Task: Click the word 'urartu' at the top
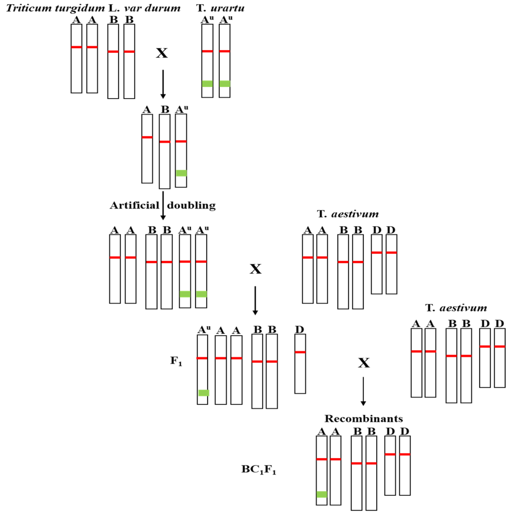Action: pyautogui.click(x=227, y=8)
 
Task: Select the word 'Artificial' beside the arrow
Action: pyautogui.click(x=135, y=205)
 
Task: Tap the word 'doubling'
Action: pyautogui.click(x=191, y=205)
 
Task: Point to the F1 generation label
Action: pyautogui.click(x=176, y=361)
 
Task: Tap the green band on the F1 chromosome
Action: pyautogui.click(x=204, y=393)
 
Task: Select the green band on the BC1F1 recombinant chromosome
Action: pyautogui.click(x=322, y=494)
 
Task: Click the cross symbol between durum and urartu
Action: pyautogui.click(x=162, y=53)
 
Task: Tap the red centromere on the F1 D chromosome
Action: pyautogui.click(x=300, y=352)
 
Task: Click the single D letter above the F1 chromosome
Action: pyautogui.click(x=299, y=329)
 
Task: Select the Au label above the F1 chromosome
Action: pyautogui.click(x=204, y=329)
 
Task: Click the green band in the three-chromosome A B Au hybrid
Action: pyautogui.click(x=181, y=173)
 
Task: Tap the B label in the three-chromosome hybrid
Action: pyautogui.click(x=165, y=109)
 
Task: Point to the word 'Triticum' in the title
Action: pyautogui.click(x=29, y=8)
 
